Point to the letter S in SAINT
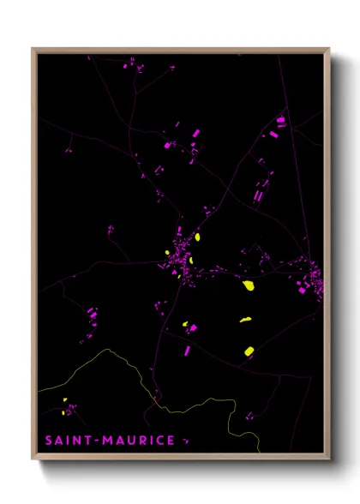click(x=50, y=441)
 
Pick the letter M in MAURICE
click(x=107, y=441)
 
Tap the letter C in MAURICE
click(x=159, y=441)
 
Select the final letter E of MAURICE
click(x=171, y=441)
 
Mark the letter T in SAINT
click(x=89, y=441)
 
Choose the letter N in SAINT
click(x=79, y=441)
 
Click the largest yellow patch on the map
click(x=249, y=285)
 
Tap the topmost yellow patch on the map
click(x=197, y=237)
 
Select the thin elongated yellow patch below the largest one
click(x=245, y=321)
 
